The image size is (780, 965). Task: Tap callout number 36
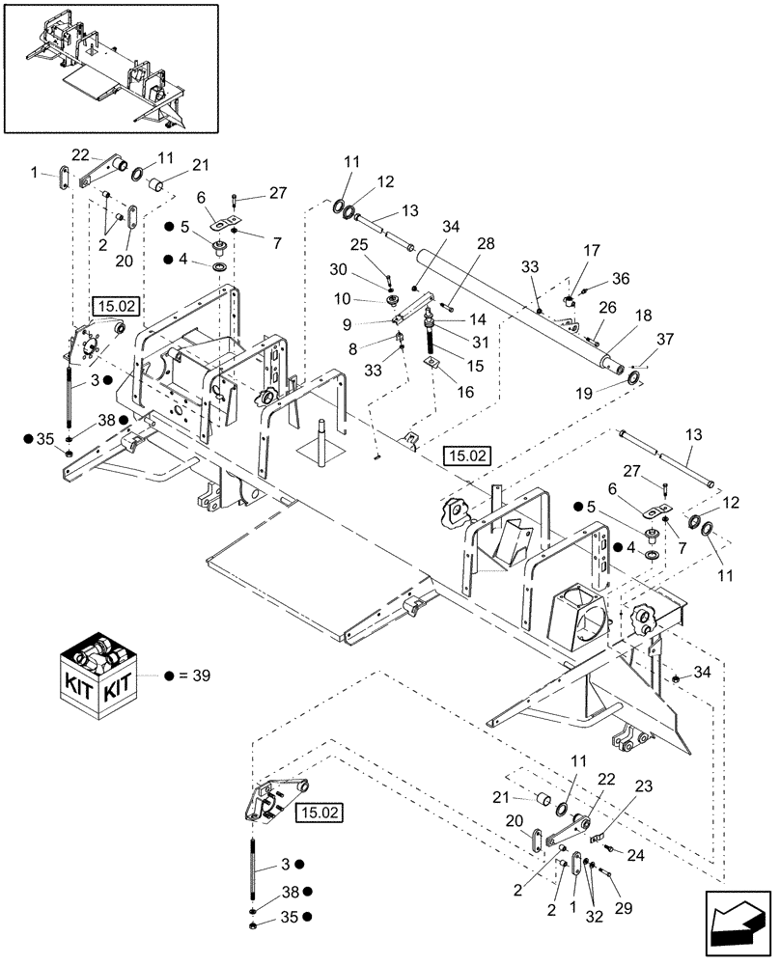pos(620,280)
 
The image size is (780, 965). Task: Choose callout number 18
pos(641,315)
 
